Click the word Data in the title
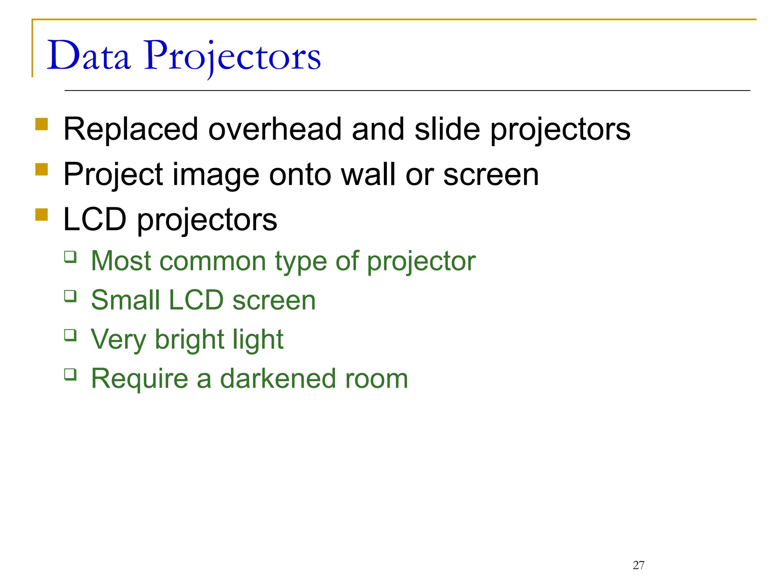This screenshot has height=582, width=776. click(89, 56)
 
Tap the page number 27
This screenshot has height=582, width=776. click(638, 565)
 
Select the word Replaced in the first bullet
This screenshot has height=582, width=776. click(131, 130)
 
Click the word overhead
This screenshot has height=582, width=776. click(275, 130)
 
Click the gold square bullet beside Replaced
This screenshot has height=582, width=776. click(42, 124)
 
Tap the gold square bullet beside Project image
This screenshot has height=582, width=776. click(42, 169)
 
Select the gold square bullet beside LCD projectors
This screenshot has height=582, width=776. click(42, 214)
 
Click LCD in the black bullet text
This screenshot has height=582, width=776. click(95, 220)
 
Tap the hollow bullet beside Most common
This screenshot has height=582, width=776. click(70, 257)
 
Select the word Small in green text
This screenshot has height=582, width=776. click(125, 300)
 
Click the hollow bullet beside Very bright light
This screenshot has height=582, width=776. click(70, 335)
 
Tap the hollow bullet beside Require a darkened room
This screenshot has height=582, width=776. click(70, 374)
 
